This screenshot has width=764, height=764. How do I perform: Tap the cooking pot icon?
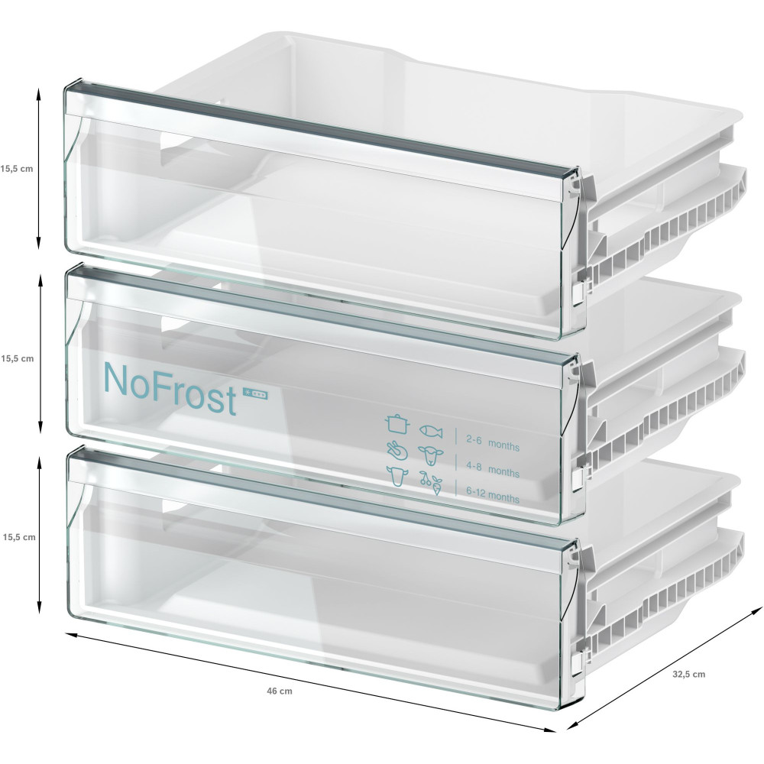(397, 423)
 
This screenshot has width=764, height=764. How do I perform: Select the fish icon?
(431, 431)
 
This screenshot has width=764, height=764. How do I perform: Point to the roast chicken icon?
(397, 451)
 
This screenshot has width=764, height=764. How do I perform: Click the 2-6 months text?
(493, 443)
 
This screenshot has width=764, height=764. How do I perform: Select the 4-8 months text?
(493, 469)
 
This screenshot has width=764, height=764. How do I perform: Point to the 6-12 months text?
(493, 494)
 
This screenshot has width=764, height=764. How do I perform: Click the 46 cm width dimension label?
(280, 691)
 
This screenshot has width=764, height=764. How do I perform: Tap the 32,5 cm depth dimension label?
(688, 675)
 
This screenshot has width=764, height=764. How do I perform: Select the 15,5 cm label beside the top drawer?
(17, 169)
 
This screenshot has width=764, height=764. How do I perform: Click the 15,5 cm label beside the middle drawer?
(17, 358)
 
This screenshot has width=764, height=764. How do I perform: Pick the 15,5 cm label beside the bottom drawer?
(19, 537)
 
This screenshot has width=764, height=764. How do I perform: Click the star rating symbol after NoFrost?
(255, 395)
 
